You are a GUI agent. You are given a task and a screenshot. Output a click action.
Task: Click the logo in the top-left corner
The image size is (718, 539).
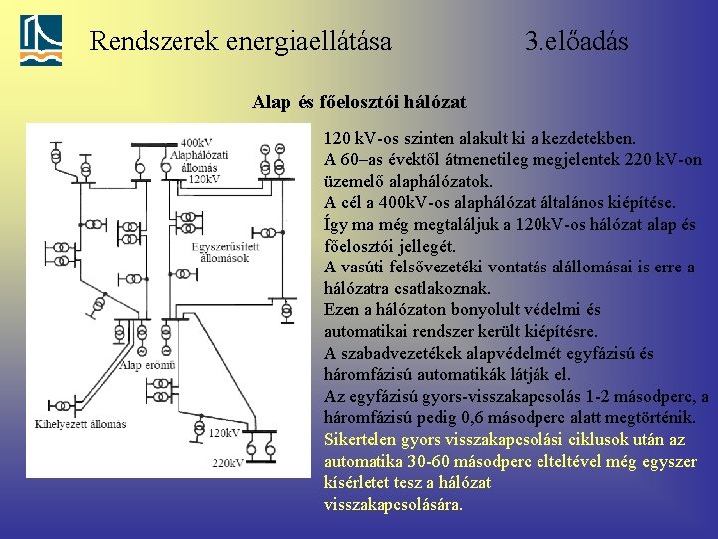(41, 41)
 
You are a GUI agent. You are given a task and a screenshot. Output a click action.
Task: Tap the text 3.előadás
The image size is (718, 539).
(576, 42)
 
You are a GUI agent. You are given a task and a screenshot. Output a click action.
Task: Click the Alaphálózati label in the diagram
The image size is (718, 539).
(199, 155)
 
